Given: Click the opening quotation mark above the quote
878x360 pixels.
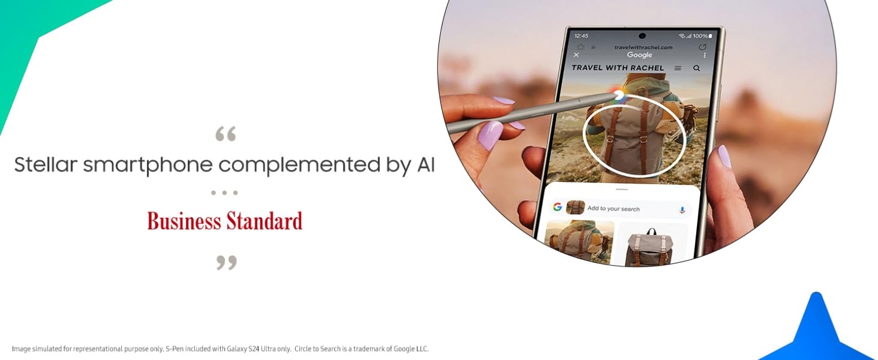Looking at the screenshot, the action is (225, 134).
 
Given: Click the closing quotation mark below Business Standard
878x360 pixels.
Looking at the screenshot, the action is (227, 263).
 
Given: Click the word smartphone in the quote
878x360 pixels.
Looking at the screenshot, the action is (148, 165).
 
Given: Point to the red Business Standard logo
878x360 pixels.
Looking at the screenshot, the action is (225, 220).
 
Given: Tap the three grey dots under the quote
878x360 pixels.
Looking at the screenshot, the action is (224, 193).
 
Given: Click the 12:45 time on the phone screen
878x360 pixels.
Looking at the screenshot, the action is (581, 35).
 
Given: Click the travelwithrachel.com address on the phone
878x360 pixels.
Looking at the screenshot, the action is (644, 47).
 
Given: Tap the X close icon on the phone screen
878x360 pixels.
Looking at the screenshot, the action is (576, 55).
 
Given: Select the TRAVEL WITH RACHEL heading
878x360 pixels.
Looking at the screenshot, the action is (618, 68).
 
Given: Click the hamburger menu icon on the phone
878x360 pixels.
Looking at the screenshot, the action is (678, 68).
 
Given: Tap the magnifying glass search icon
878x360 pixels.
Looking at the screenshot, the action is (696, 68).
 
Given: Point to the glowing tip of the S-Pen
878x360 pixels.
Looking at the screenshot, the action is (618, 95).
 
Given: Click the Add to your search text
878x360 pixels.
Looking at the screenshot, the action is (614, 209).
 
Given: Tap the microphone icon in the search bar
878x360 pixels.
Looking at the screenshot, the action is (682, 210).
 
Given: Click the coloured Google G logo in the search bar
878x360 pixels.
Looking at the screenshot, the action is (557, 206).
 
